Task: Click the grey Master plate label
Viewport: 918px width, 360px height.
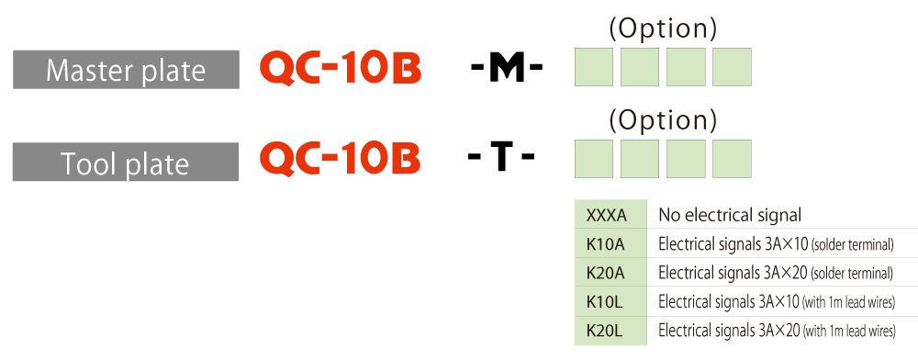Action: tap(126, 70)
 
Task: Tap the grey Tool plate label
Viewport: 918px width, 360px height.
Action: tap(126, 162)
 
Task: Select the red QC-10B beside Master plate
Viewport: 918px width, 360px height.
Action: tap(341, 70)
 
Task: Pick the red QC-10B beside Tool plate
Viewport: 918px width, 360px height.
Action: tap(341, 158)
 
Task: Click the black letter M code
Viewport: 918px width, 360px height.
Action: tap(507, 70)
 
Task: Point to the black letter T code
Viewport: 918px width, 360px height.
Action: tap(501, 158)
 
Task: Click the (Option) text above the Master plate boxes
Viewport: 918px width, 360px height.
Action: tap(663, 29)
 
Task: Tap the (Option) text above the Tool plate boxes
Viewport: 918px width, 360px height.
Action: tap(663, 120)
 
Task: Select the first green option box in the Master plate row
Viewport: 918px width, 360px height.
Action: tap(594, 67)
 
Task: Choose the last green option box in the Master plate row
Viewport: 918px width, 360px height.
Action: tap(732, 67)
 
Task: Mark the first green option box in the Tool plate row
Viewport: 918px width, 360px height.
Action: tap(594, 159)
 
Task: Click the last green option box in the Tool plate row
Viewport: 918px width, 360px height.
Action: tap(732, 159)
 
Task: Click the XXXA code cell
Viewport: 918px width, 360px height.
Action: tap(610, 214)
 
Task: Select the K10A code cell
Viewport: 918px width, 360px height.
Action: tap(610, 243)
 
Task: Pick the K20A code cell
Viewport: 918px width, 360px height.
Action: tap(610, 273)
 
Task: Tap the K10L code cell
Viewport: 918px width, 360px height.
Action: tap(610, 302)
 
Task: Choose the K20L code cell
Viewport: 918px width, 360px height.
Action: tap(610, 332)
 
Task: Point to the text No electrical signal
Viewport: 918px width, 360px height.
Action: tap(730, 216)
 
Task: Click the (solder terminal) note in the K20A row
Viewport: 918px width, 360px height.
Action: tap(852, 274)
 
